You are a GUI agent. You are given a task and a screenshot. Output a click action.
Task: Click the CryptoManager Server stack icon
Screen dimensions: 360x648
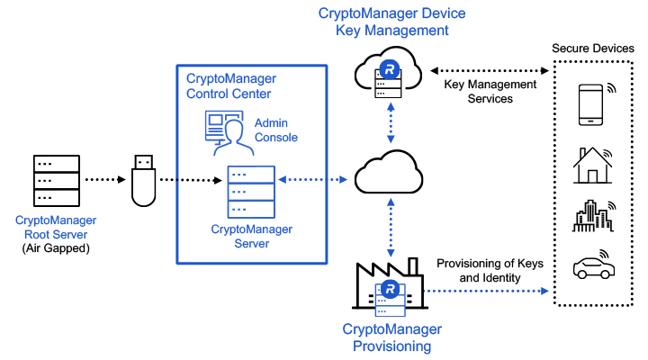(x=250, y=190)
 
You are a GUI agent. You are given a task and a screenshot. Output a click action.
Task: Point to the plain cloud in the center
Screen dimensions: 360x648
(x=390, y=176)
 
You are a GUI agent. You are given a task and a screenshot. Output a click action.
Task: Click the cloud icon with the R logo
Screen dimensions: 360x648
(x=390, y=75)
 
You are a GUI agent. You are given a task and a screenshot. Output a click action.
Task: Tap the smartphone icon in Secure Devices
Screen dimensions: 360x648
(x=590, y=103)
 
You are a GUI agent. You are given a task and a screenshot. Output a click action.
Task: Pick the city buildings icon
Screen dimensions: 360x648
(x=592, y=217)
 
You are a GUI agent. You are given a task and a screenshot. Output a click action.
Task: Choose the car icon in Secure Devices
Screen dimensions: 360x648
(x=594, y=269)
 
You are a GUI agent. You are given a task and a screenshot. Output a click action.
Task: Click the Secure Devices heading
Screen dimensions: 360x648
(x=594, y=48)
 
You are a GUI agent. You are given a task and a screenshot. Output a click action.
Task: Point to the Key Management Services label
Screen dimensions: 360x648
(x=490, y=91)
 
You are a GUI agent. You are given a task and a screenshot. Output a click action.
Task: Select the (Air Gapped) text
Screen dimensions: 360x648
(x=56, y=247)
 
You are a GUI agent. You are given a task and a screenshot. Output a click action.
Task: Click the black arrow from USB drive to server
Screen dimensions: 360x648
(x=191, y=180)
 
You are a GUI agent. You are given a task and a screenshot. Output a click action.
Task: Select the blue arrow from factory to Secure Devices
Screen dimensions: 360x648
(x=486, y=292)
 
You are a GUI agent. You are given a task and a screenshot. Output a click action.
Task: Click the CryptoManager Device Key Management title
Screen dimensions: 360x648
(x=391, y=22)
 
